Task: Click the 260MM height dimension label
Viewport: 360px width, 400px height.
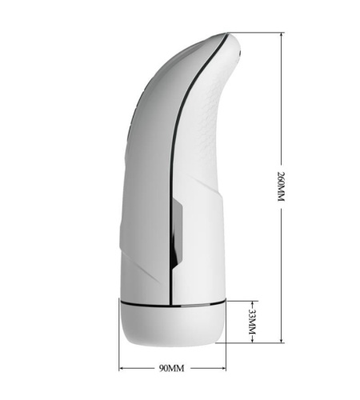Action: pyautogui.click(x=282, y=186)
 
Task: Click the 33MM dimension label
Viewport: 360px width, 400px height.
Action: pyautogui.click(x=252, y=322)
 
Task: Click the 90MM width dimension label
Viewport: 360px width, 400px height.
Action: pyautogui.click(x=172, y=369)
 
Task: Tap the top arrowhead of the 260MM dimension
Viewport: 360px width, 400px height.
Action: pyautogui.click(x=282, y=35)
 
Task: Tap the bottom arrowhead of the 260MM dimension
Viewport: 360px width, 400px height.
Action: pyautogui.click(x=282, y=340)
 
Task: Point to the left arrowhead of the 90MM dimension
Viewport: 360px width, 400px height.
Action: pyautogui.click(x=122, y=369)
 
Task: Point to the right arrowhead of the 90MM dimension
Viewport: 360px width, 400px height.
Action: pyautogui.click(x=223, y=369)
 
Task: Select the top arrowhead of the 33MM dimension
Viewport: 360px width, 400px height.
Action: pyautogui.click(x=252, y=304)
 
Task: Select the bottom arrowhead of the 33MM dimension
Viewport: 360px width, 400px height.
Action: pyautogui.click(x=252, y=340)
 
